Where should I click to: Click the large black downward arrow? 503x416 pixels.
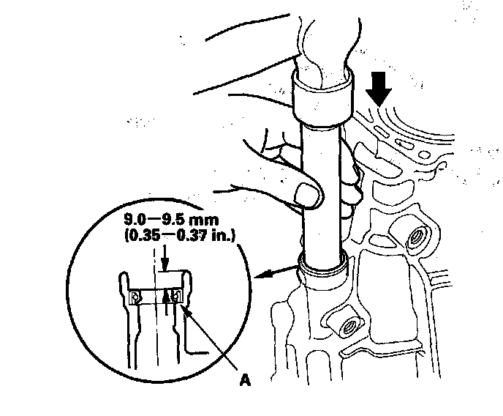click(x=379, y=86)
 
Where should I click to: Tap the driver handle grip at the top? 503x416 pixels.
click(x=325, y=37)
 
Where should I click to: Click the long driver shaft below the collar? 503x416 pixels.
click(x=322, y=190)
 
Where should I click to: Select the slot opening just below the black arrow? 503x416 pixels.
click(x=383, y=130)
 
